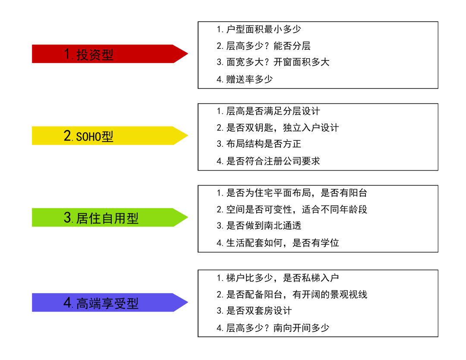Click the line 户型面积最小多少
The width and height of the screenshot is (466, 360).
click(x=259, y=29)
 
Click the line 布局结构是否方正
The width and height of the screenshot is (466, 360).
click(x=259, y=144)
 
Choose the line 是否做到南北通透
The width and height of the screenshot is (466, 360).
click(x=259, y=226)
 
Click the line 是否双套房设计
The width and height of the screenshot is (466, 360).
click(x=254, y=311)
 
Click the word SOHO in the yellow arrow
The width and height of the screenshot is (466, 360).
click(x=88, y=137)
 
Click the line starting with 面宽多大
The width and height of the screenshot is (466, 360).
click(x=273, y=62)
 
